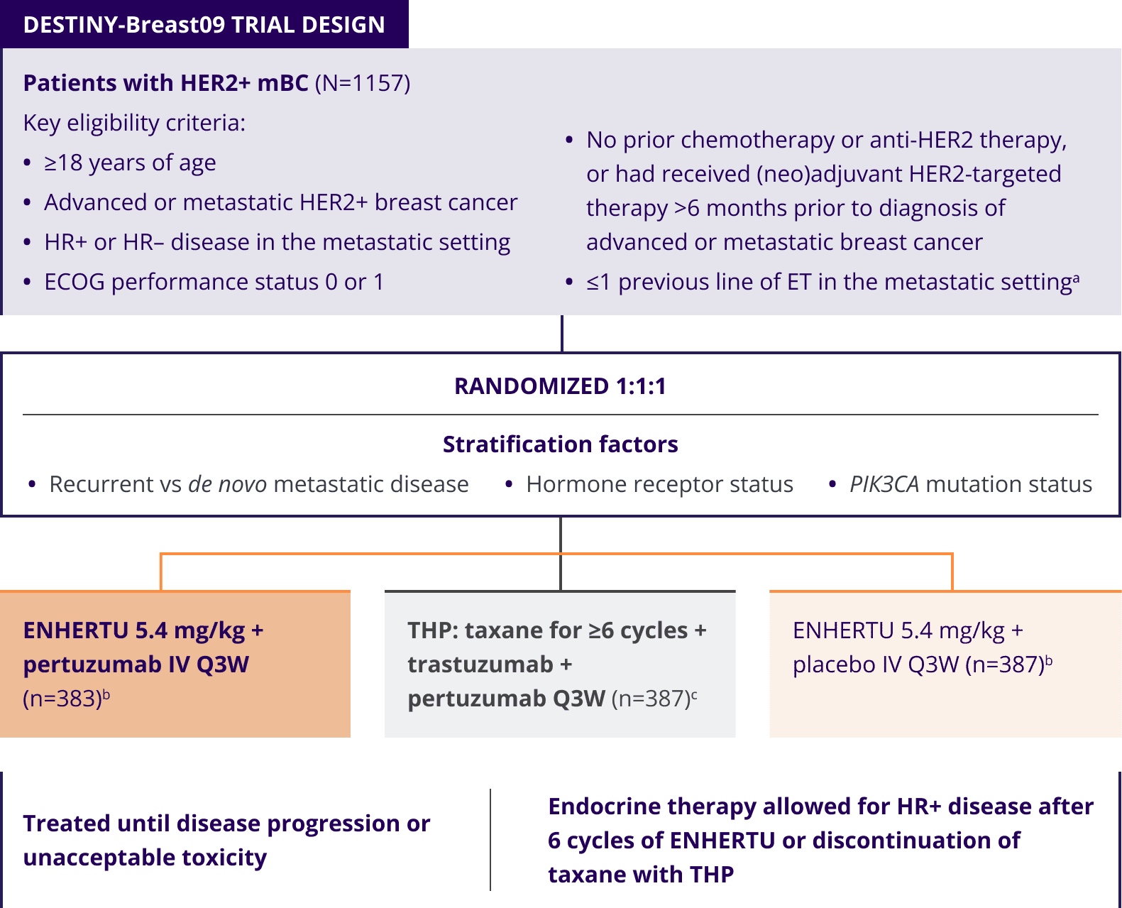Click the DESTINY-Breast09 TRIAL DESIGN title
coord(204,25)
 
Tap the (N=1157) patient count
coord(362,83)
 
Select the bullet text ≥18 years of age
coord(130,163)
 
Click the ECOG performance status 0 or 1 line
coord(214,282)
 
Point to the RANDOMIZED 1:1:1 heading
coord(560,386)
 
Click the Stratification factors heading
coord(560,444)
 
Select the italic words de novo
coord(227,484)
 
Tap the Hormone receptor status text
coord(659,484)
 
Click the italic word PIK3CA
coord(884,484)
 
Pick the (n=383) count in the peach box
coord(62,699)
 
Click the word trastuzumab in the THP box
coord(480,664)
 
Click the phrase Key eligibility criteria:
coord(134,123)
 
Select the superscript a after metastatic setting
coord(1077,278)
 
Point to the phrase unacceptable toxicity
coord(145,858)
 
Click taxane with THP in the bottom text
coord(640,875)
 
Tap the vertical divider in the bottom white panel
coord(490,839)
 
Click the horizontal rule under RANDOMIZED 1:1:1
coord(560,415)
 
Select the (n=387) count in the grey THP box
coord(651,699)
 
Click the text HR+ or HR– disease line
coord(277,242)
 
